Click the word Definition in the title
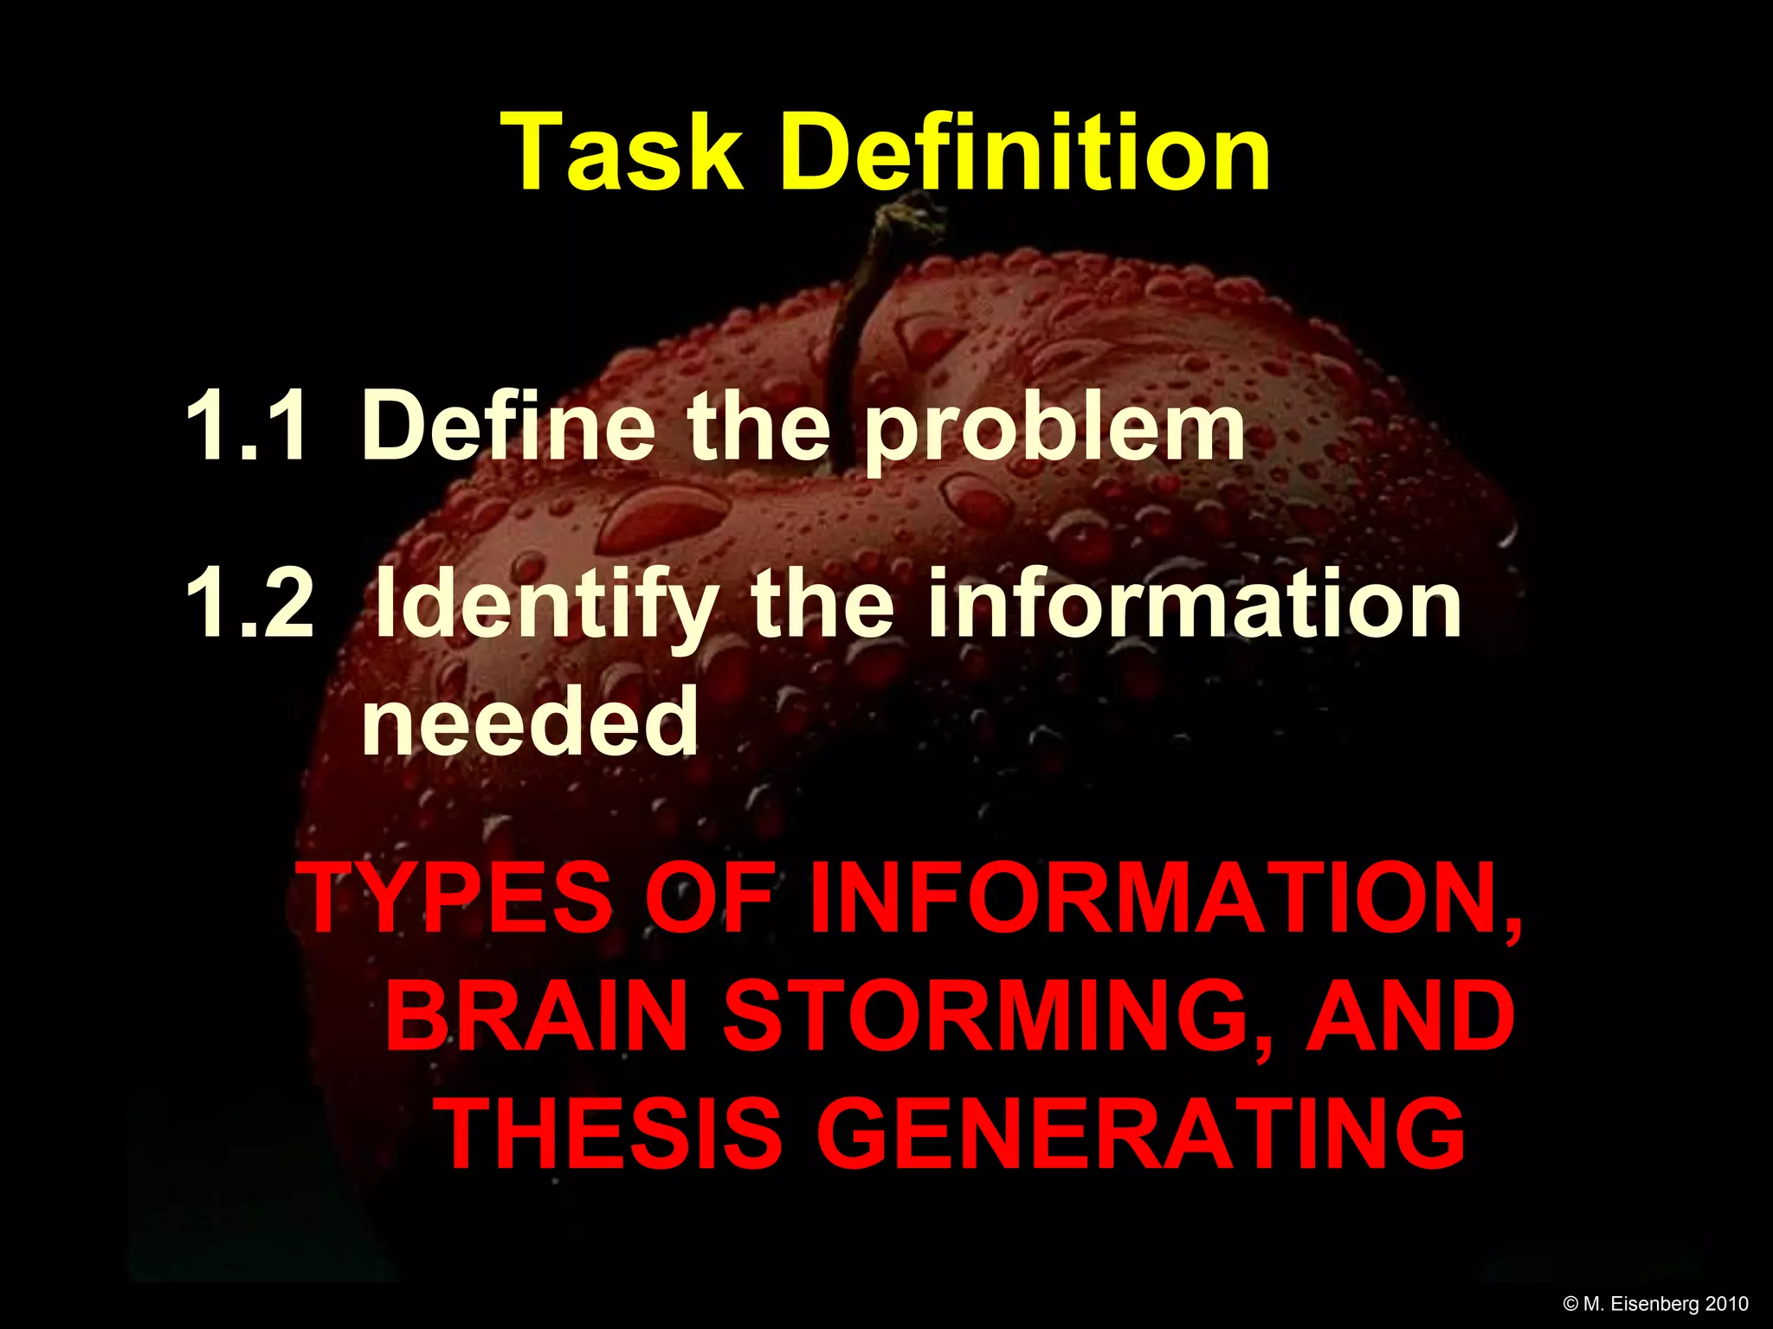point(1025,153)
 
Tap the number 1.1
point(246,426)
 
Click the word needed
point(530,721)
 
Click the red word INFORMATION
point(1165,900)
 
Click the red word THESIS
point(611,1133)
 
